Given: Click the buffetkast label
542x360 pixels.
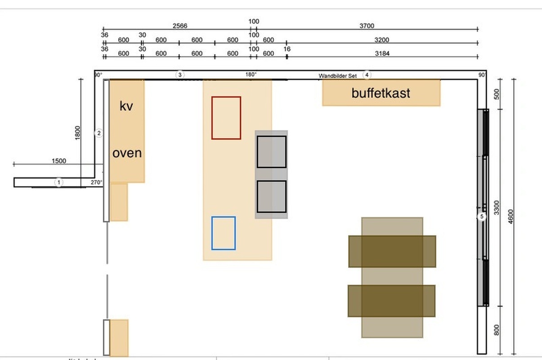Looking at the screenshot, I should (x=381, y=93).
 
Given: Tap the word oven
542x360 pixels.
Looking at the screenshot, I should (x=127, y=153).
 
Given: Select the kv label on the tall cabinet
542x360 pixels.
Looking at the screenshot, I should (x=126, y=107).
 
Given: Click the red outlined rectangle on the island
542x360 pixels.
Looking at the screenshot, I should (x=226, y=117).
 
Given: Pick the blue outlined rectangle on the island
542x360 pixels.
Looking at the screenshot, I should (x=224, y=233).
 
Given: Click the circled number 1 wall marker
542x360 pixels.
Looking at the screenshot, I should (x=58, y=182).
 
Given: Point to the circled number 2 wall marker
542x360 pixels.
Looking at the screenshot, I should (x=99, y=133).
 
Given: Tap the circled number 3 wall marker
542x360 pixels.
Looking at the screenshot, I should (x=180, y=75).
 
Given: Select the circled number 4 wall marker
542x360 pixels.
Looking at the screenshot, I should (x=367, y=75).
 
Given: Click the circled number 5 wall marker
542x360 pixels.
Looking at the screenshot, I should (x=482, y=217).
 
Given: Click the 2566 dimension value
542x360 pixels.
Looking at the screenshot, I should (x=180, y=26).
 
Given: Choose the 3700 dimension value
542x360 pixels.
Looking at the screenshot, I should (x=367, y=26).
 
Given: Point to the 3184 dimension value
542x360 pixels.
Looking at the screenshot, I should (x=382, y=54).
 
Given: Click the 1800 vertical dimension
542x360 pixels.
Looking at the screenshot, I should (x=77, y=133).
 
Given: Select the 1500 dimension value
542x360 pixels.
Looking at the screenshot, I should (x=59, y=161).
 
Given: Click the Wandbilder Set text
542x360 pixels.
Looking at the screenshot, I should (x=338, y=76).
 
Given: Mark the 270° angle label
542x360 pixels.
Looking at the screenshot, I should (x=96, y=182).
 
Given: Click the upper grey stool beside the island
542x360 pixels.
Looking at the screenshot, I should (x=271, y=152).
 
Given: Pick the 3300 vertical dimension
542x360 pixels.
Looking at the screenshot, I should (x=497, y=208).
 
